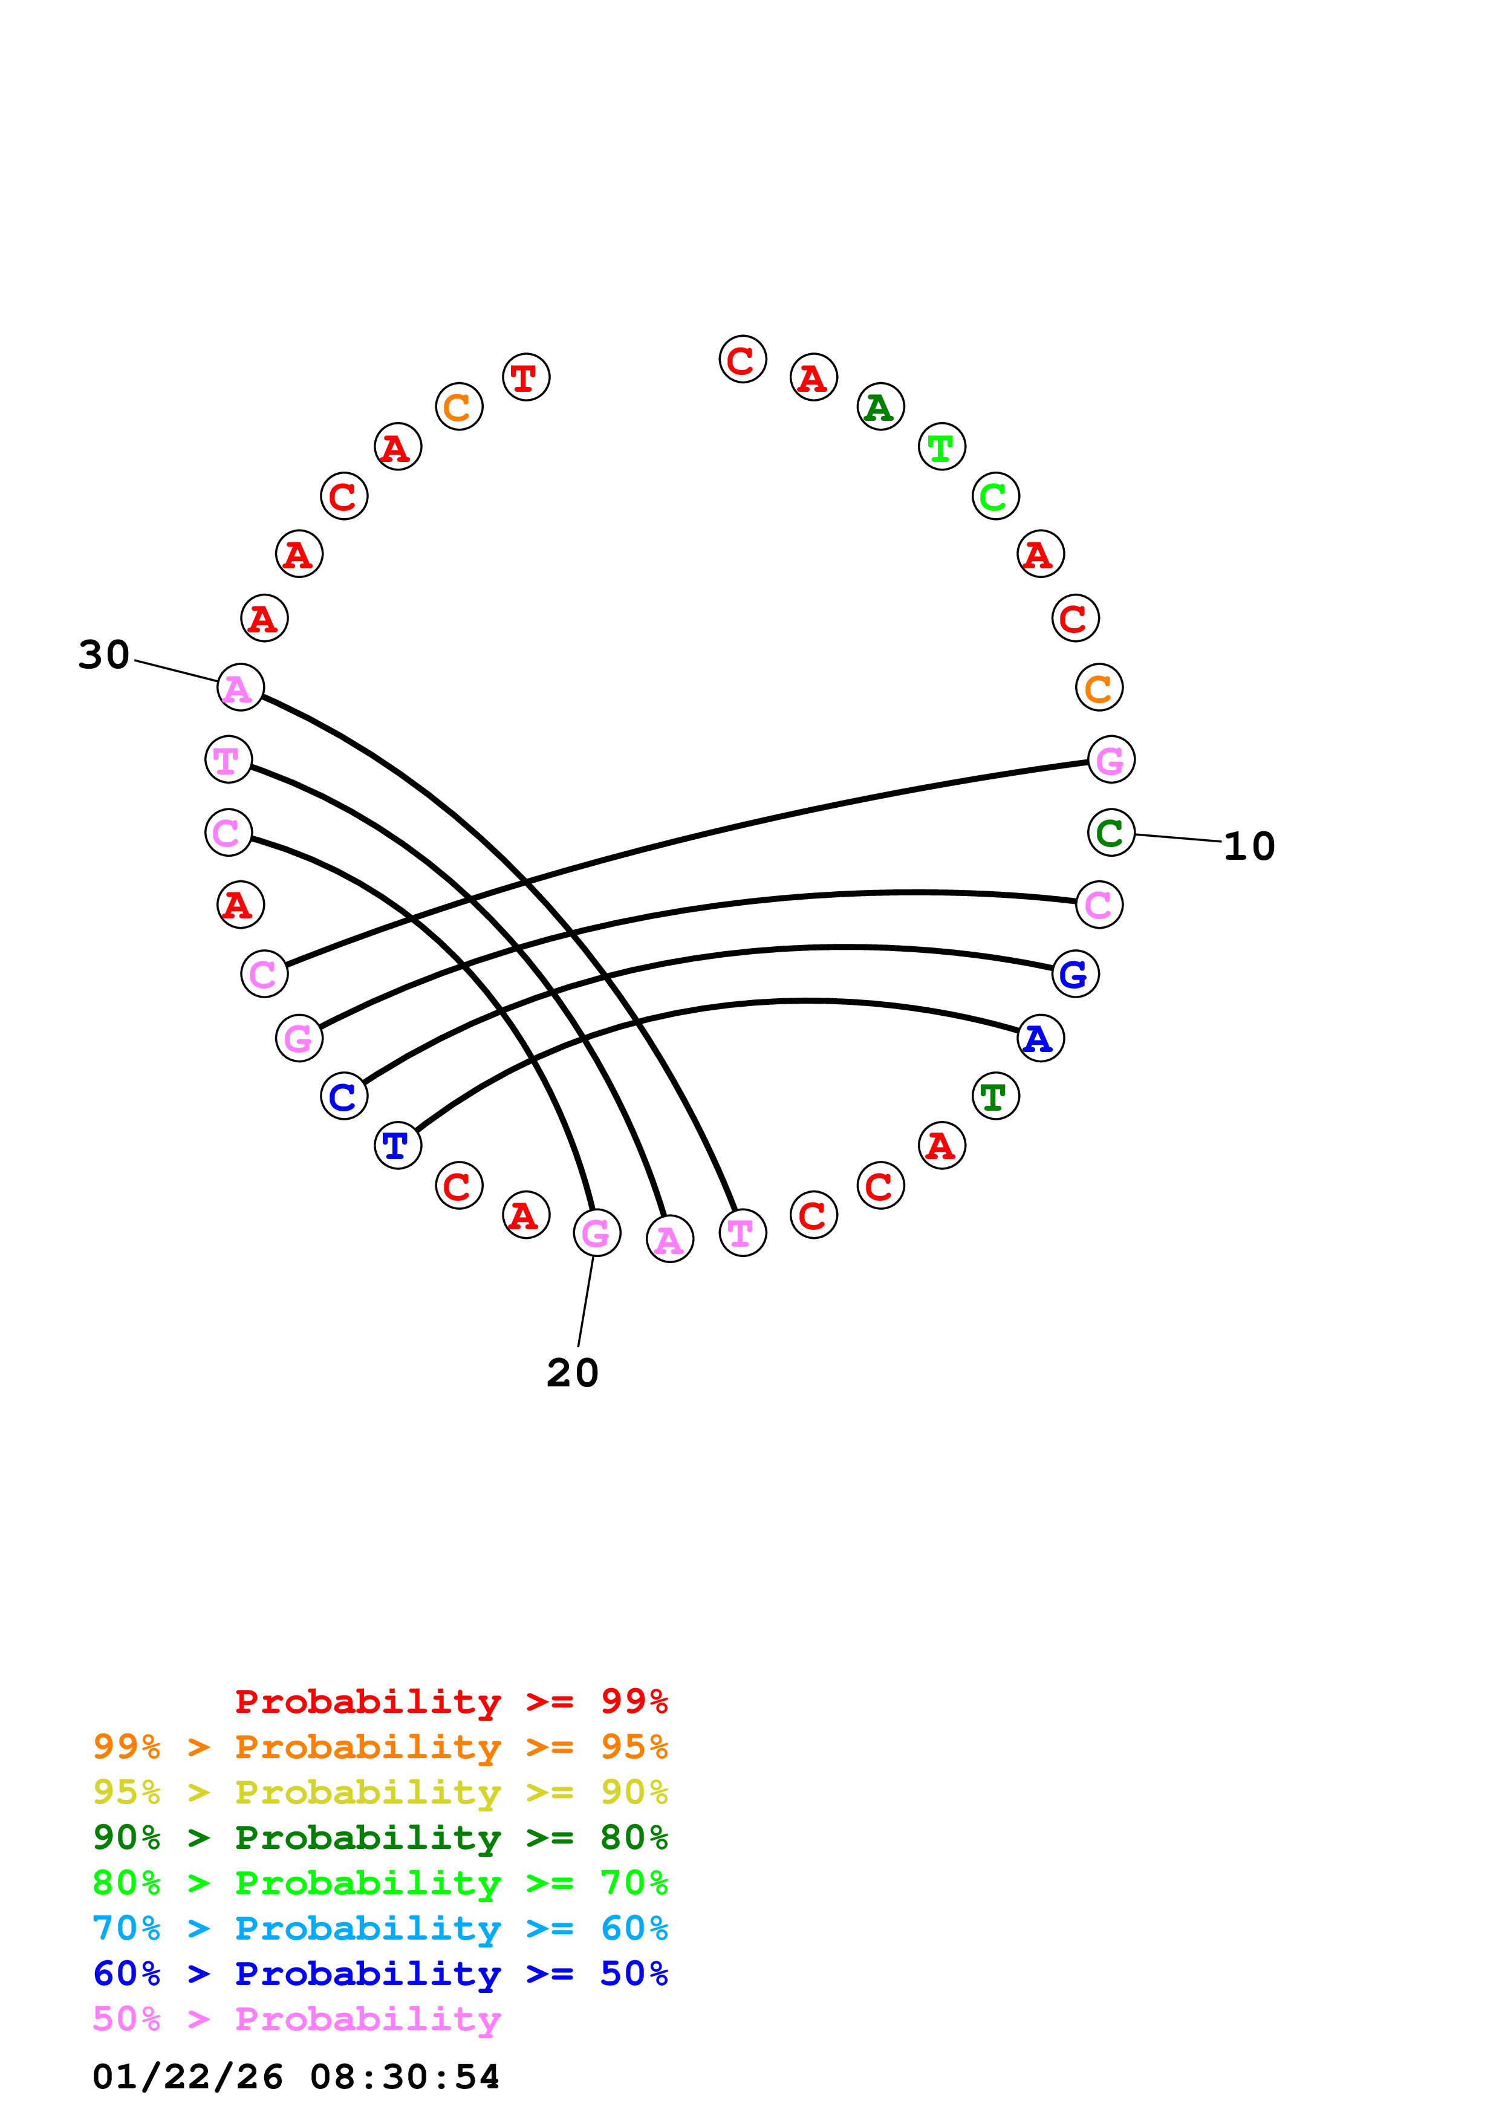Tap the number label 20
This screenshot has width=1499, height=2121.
(573, 1372)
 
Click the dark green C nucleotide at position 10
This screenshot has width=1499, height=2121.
(1110, 833)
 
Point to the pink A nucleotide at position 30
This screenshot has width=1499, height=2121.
(240, 687)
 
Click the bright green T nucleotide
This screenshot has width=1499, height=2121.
(941, 447)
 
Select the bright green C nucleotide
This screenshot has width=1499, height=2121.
(995, 496)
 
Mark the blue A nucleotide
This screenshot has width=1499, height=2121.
(1040, 1038)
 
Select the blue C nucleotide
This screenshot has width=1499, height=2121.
(343, 1097)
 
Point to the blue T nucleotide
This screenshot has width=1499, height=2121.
(397, 1146)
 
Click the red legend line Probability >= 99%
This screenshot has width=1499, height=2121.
(450, 1701)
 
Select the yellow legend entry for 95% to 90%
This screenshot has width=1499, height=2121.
(380, 1792)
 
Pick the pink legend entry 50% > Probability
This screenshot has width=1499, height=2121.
(296, 2019)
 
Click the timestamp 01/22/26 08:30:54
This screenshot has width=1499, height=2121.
(296, 2077)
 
